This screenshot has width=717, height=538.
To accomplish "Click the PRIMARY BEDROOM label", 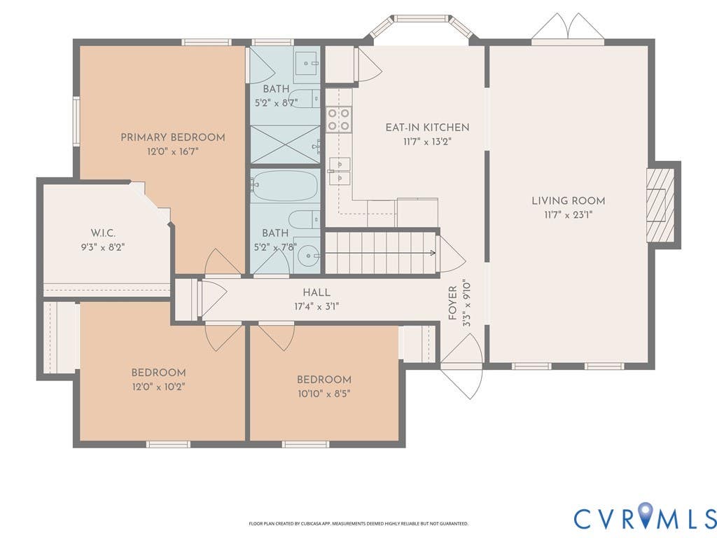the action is (x=173, y=137).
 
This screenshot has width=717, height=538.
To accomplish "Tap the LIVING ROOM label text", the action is (x=569, y=200).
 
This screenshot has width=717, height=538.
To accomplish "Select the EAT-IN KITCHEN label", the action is (x=428, y=127).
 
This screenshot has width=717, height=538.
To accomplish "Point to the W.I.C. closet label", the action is (x=103, y=233).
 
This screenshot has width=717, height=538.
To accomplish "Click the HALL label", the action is (x=316, y=292).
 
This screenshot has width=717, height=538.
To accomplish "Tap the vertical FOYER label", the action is (x=453, y=303).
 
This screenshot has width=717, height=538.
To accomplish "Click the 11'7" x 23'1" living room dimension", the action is (x=569, y=215).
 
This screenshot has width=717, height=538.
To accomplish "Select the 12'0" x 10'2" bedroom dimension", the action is (x=159, y=387).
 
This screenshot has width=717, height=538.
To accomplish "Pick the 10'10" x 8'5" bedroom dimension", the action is (x=324, y=394).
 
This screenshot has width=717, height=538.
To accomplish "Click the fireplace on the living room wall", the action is (x=660, y=205).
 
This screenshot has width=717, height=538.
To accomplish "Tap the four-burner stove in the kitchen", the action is (x=338, y=119).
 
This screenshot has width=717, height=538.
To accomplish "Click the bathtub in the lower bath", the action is (x=285, y=185).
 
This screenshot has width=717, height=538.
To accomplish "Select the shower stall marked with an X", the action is (x=285, y=144).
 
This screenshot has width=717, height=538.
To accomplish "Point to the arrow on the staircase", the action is (x=380, y=253).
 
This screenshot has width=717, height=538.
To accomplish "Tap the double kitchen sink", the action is (x=340, y=171).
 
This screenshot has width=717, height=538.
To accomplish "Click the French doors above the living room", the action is (x=568, y=28).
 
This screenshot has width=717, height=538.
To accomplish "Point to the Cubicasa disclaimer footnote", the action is (x=358, y=523).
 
